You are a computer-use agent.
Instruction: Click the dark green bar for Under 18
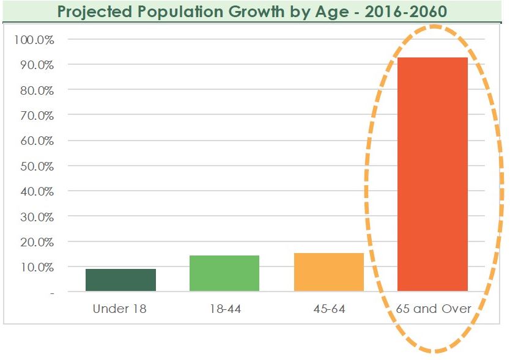point(120,280)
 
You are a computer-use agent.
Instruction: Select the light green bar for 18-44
point(224,273)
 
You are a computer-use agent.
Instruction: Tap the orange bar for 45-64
point(328,272)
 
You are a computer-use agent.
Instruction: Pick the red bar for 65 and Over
point(432,174)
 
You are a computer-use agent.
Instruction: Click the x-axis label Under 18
point(119,309)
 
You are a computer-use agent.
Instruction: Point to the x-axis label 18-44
point(224,309)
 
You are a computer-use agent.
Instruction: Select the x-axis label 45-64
point(328,309)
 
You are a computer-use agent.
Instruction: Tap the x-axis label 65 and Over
point(433,309)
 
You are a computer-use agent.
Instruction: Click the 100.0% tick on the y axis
point(34,40)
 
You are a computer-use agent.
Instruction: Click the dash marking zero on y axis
point(52,293)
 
